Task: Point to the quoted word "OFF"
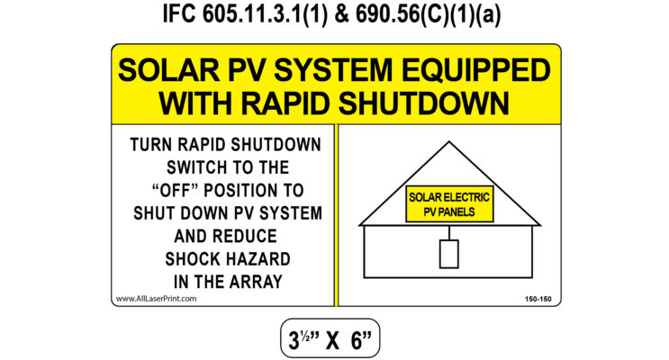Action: click(x=176, y=190)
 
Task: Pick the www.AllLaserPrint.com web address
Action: click(x=156, y=299)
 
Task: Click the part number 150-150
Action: click(x=538, y=299)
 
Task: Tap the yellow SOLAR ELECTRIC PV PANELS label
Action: click(x=449, y=204)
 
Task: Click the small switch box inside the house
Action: click(x=448, y=254)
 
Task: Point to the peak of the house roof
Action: click(x=448, y=142)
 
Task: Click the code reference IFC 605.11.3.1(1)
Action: click(x=245, y=14)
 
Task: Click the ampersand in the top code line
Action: click(x=342, y=14)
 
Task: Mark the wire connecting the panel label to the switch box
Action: click(x=449, y=230)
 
